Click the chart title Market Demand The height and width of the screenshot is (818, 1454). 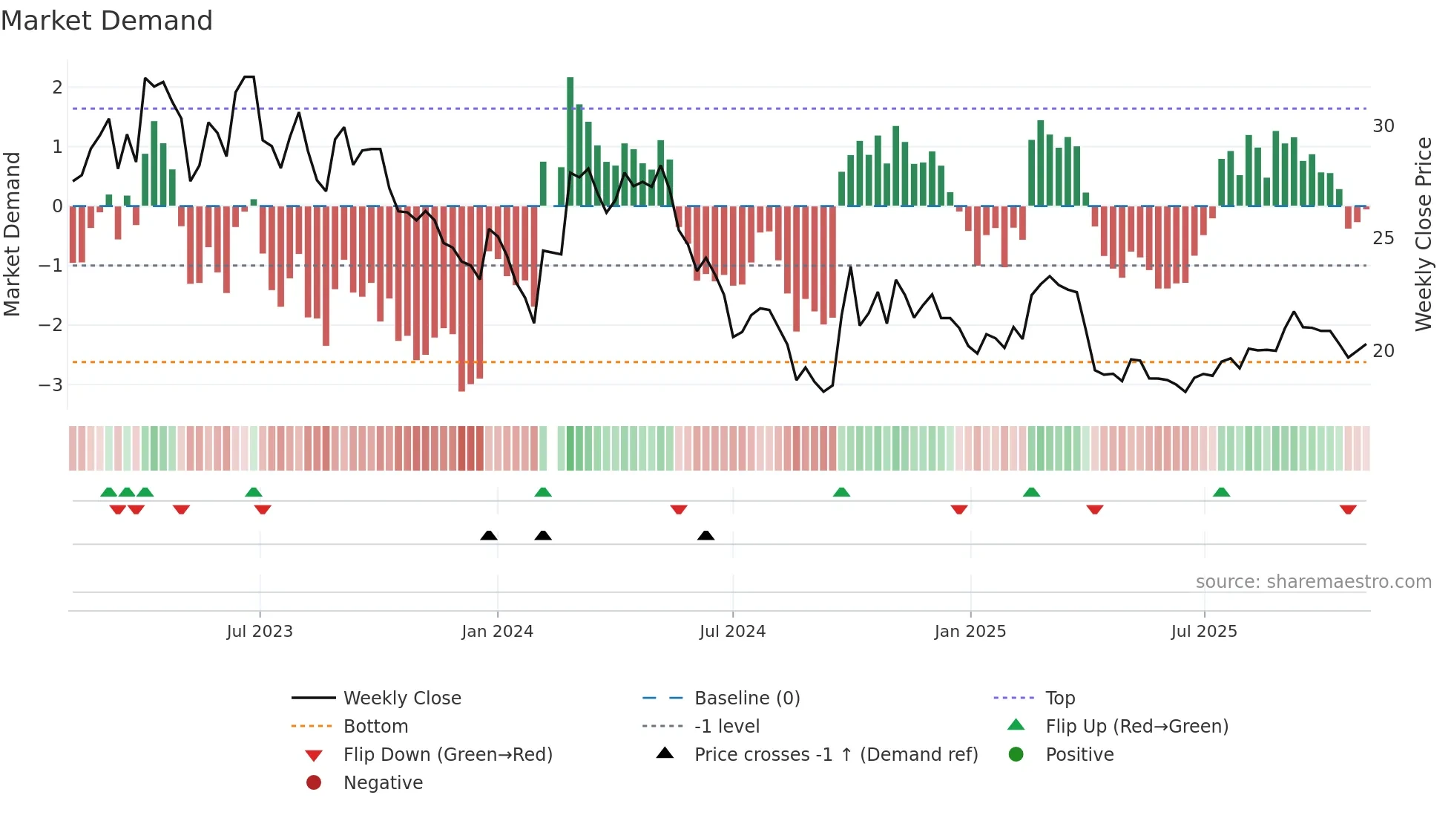pos(107,21)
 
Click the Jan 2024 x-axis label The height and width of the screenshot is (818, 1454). pos(497,631)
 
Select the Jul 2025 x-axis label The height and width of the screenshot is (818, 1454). pos(1203,631)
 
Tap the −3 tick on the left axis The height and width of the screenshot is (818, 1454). pos(51,385)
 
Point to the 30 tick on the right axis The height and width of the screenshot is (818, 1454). pos(1383,125)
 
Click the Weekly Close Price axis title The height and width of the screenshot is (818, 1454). pos(1423,234)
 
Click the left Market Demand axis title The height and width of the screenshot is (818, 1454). pos(12,234)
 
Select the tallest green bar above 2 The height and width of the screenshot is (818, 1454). pos(570,141)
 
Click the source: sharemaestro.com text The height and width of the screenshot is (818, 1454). pos(1313,581)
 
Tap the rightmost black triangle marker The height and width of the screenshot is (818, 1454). pos(705,535)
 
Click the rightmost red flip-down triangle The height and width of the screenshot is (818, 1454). pos(1348,509)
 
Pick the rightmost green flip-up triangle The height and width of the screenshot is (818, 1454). pos(1221,492)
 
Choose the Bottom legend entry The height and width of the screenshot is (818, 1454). pos(375,726)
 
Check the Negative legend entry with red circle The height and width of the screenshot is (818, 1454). pos(383,782)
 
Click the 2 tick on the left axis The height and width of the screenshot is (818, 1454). pos(57,87)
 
